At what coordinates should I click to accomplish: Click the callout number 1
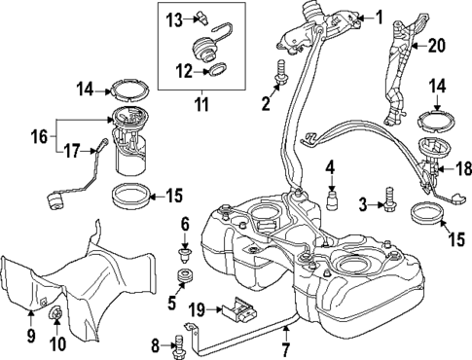pyautogui.click(x=380, y=17)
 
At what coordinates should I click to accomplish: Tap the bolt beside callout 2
pyautogui.click(x=281, y=71)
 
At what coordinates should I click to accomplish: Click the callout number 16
pyautogui.click(x=39, y=137)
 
